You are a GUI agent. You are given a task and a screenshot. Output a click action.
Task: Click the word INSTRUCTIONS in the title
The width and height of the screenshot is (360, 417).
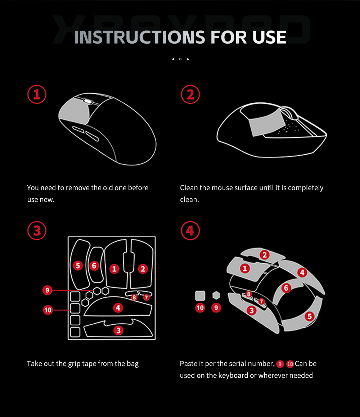[139, 37]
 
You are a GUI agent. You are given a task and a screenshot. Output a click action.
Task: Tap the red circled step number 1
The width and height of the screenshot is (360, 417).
[37, 94]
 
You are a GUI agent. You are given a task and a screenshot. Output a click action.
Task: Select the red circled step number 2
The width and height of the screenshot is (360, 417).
[190, 94]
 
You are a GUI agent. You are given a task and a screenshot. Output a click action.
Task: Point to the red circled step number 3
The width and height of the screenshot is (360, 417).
[37, 231]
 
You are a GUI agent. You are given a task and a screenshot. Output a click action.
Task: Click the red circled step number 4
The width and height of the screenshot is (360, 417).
[190, 231]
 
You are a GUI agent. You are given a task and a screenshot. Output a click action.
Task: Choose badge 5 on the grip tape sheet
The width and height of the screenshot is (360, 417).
[78, 265]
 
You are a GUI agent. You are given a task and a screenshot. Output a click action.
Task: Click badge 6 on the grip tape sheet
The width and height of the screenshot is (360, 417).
[94, 266]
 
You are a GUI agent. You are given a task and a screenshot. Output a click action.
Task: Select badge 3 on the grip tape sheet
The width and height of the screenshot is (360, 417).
[118, 331]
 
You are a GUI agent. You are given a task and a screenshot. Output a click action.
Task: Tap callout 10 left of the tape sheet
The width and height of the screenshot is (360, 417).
[48, 310]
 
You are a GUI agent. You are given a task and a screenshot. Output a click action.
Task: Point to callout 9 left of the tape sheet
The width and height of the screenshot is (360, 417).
[47, 290]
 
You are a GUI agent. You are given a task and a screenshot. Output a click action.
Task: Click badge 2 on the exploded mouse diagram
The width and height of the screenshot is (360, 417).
[264, 255]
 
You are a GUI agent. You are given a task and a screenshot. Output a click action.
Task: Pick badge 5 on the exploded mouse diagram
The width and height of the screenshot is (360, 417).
[310, 316]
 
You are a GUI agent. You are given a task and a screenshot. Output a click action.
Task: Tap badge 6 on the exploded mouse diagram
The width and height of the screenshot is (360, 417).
[286, 288]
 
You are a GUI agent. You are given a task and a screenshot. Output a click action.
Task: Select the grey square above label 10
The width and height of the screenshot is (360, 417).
[200, 296]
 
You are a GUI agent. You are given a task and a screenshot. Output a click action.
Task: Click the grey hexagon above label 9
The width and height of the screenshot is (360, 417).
[216, 295]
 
